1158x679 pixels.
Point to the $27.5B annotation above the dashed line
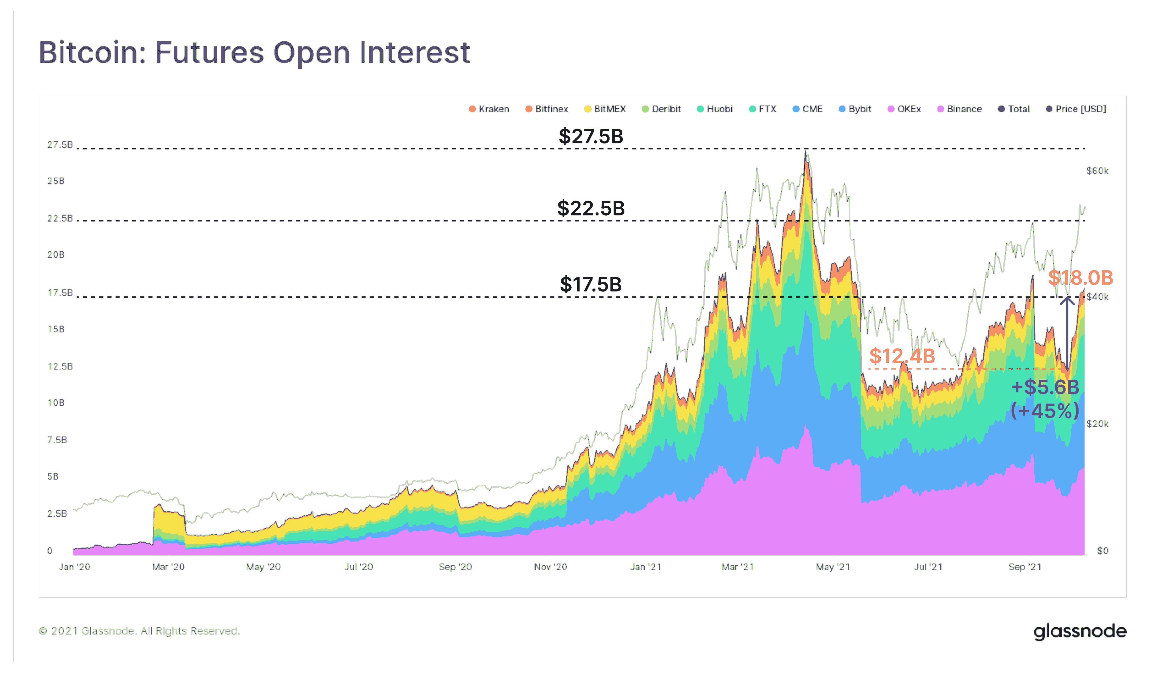[591, 137]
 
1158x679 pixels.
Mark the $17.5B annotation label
[591, 285]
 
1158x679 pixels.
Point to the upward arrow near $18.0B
[1067, 333]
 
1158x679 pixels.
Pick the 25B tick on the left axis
[56, 181]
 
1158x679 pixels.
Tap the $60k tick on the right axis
[1097, 171]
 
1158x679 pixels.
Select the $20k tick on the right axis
[1097, 424]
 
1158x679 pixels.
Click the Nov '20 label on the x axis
[550, 567]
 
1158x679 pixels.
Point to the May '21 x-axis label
[833, 567]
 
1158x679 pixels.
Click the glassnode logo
[1080, 632]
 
